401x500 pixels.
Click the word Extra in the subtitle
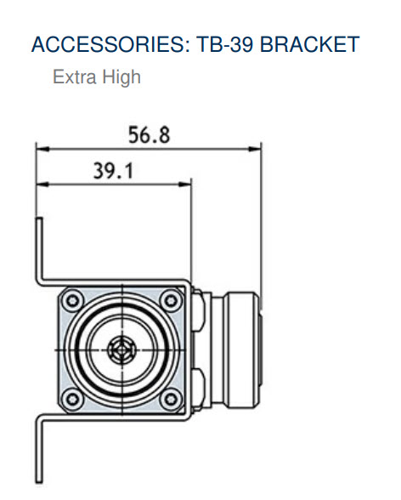pos(72,78)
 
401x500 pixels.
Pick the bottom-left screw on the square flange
pos(70,399)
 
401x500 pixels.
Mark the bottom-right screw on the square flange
pos(172,399)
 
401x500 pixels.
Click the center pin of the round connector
pos(121,349)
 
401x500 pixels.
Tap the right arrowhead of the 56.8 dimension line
pos(257,146)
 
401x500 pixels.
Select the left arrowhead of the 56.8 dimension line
pos(41,146)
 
